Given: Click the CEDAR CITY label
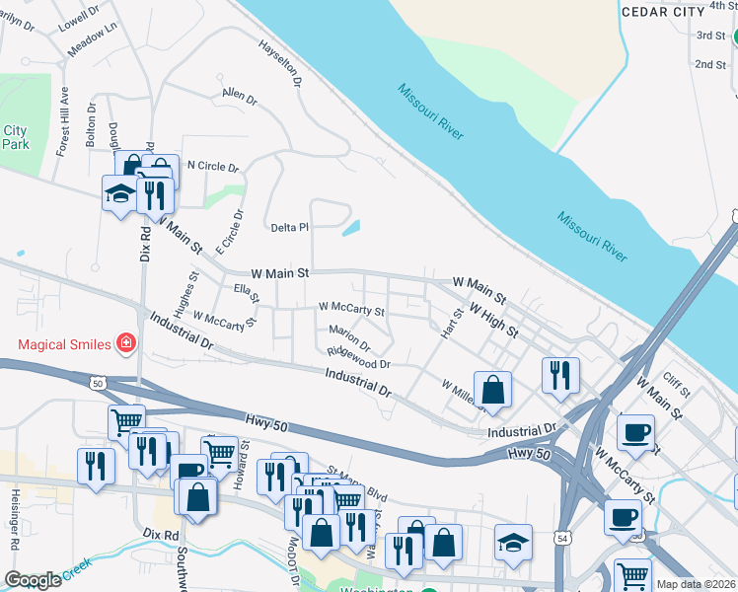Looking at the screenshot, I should pos(663,10).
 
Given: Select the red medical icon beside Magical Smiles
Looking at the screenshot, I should pos(125,343).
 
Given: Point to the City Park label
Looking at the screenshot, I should pos(15,137).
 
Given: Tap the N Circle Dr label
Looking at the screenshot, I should pos(212,167).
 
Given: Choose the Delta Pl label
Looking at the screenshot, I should pos(290,228).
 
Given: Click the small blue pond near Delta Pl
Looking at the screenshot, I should pos(351,229).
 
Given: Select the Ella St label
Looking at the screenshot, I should pos(246,292).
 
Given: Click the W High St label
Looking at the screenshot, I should pos(494,320).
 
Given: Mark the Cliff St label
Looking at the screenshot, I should pos(675,382).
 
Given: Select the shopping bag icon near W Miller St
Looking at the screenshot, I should pos(493,389).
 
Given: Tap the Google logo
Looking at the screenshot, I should pos(33,580).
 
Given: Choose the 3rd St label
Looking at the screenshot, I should pos(709,36).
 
